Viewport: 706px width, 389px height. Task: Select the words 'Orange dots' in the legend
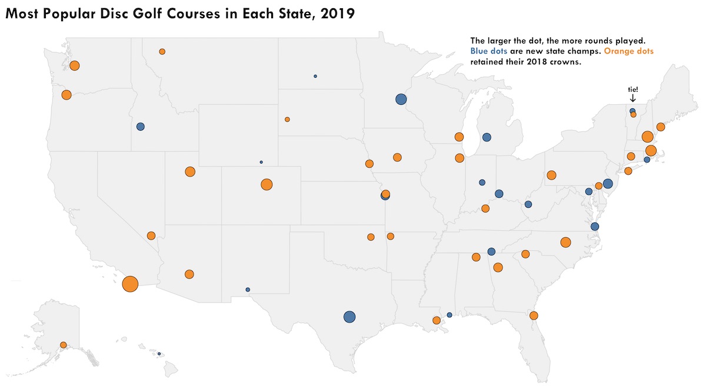coord(629,52)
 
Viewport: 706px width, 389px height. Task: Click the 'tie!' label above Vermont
coord(632,89)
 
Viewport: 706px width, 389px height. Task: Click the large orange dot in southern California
coord(130,284)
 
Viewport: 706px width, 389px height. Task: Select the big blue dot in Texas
coord(349,317)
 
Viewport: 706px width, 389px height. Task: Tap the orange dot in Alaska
coord(63,345)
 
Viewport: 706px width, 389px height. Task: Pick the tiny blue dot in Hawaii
coord(159,354)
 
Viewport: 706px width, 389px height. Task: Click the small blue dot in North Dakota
coord(315,77)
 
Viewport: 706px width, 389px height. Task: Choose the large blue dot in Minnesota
coord(401,99)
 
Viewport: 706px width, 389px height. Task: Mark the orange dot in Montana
coord(162,52)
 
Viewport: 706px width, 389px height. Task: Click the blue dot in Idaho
coord(140,127)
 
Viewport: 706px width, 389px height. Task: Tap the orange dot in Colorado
coord(267,184)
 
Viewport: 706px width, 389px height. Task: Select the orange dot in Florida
coord(534,315)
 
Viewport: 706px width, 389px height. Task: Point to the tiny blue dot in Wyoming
coord(261,162)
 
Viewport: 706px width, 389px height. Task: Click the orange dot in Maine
coord(661,127)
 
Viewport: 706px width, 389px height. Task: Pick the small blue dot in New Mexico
coord(248,290)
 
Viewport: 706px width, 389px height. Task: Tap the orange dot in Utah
coord(189,172)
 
